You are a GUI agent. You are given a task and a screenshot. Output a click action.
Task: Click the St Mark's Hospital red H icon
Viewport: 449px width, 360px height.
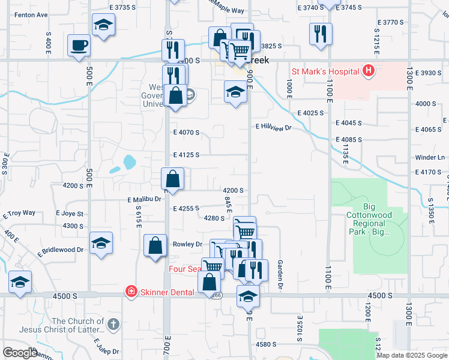pos(369,72)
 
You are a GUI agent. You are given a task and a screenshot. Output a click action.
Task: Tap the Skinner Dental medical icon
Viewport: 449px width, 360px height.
pos(130,292)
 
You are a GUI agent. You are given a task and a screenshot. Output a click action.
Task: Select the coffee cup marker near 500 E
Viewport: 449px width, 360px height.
pos(79,46)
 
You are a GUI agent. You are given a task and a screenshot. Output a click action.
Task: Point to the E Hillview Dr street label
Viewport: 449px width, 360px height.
pos(273,127)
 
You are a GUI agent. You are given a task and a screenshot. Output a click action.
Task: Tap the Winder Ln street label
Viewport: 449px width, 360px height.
pos(430,158)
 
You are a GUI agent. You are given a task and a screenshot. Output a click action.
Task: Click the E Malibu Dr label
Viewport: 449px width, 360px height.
pos(145,199)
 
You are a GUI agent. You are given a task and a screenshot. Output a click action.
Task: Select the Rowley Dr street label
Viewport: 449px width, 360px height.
pos(188,244)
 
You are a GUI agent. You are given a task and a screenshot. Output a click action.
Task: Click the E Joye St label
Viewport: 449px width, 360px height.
pos(70,214)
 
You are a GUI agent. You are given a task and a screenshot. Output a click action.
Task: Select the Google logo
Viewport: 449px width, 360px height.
pos(19,353)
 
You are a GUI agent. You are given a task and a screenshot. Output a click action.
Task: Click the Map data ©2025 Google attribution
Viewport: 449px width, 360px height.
pos(411,355)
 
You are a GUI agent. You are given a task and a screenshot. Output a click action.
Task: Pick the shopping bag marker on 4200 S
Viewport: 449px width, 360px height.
pos(172,179)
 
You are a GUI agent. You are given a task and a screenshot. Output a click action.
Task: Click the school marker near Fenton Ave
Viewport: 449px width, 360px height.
pos(103,25)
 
